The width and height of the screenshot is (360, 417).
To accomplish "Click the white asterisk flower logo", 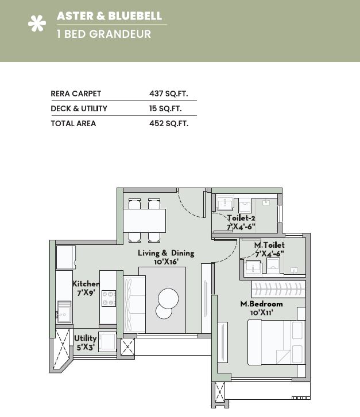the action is point(37,24).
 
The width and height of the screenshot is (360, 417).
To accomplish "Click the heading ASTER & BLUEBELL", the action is point(109,16).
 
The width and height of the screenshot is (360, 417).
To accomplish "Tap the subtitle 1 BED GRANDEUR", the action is point(104,34).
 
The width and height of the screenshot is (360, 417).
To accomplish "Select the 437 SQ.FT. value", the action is point(169,93).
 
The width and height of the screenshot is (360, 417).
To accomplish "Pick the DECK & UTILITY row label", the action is point(79,108).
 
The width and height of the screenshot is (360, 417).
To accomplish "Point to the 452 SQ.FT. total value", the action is point(169,123).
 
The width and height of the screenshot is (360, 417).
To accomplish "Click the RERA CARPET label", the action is point(76,93).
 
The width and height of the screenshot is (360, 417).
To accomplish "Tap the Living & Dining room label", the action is point(166,253).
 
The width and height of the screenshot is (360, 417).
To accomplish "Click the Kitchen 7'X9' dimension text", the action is point(86,293).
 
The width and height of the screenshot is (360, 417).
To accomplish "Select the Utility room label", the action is point(85,338).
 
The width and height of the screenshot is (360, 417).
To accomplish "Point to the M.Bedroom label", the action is point(261,303).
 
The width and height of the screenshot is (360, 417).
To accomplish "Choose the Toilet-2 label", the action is point(241,218).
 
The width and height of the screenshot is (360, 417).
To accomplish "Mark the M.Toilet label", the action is point(269,245).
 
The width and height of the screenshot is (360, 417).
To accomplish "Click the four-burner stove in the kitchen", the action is point(109,298).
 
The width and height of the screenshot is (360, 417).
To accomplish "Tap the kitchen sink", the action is point(64,311).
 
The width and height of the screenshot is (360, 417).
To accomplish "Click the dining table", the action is point(145,220).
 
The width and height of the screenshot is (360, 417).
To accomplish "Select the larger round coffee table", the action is point(169,298).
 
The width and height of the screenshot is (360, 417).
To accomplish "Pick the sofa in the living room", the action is point(134,304).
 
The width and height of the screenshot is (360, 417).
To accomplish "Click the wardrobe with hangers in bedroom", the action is point(278,289).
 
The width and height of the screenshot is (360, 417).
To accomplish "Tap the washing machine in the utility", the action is point(107,341).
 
